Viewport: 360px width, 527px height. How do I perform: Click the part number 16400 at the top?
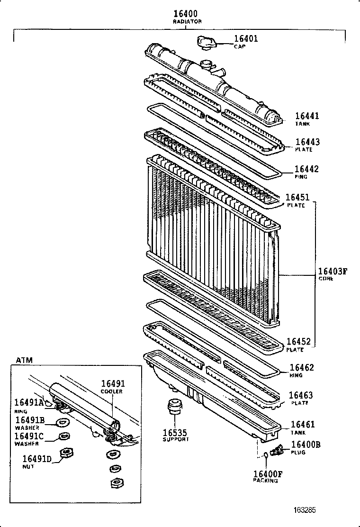click(x=184, y=14)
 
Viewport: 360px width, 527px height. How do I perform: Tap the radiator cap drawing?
click(x=207, y=42)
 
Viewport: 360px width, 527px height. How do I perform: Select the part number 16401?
click(x=246, y=38)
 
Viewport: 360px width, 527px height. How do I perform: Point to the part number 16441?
click(x=307, y=116)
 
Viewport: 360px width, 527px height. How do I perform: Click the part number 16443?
click(x=307, y=142)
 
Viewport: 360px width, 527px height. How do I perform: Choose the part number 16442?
click(x=306, y=169)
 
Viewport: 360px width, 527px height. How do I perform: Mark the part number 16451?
click(x=297, y=197)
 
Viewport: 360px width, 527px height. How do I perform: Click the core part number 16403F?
click(x=333, y=271)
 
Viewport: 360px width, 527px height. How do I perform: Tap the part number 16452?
click(x=297, y=342)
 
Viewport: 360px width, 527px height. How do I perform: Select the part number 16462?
click(x=301, y=367)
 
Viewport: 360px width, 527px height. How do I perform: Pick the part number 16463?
click(x=300, y=395)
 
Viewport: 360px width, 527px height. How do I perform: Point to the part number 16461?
click(x=302, y=425)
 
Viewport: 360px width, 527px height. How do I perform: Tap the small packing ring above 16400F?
click(x=266, y=455)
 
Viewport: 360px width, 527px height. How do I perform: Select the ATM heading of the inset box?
click(x=25, y=360)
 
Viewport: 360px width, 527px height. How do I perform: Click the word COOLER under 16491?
click(x=112, y=391)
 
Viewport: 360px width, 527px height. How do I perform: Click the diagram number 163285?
click(x=303, y=510)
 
